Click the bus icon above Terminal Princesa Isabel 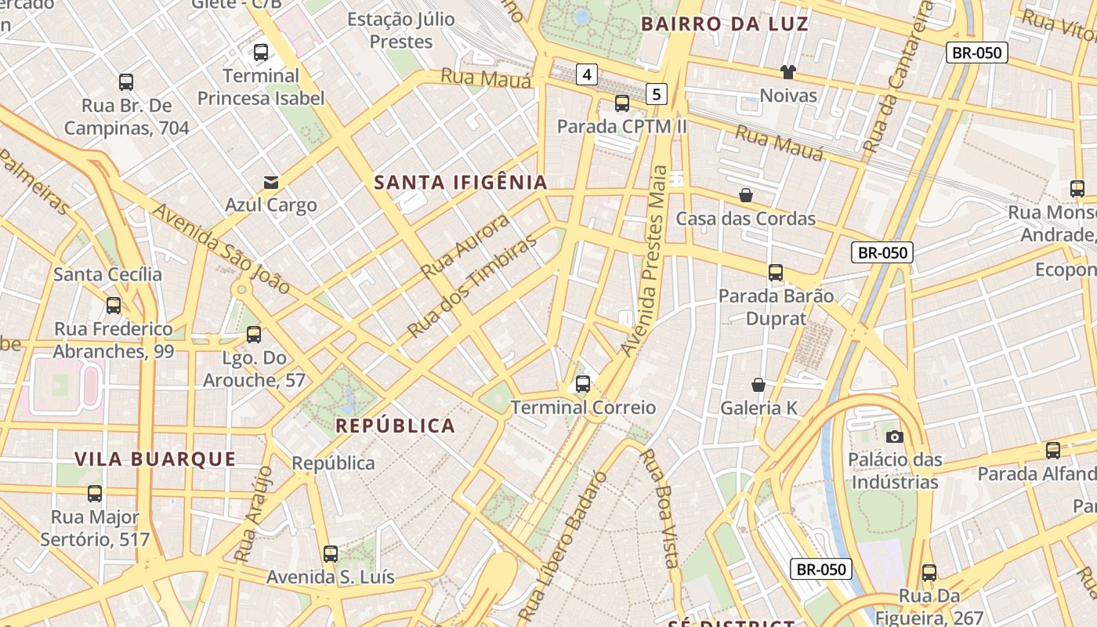click(261, 53)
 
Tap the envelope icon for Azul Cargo click(270, 183)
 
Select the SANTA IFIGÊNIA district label click(461, 183)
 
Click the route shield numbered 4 click(587, 74)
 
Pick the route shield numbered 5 click(657, 94)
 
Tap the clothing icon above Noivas click(788, 72)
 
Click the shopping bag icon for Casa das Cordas click(746, 194)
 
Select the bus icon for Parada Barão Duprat click(776, 273)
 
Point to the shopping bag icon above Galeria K click(758, 385)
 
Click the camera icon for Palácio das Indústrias click(894, 437)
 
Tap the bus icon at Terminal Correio click(583, 384)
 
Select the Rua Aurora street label click(465, 247)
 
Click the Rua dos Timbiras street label click(472, 285)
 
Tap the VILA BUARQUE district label click(155, 459)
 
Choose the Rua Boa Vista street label click(658, 507)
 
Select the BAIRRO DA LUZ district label click(725, 24)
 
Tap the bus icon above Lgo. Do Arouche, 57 click(254, 335)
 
